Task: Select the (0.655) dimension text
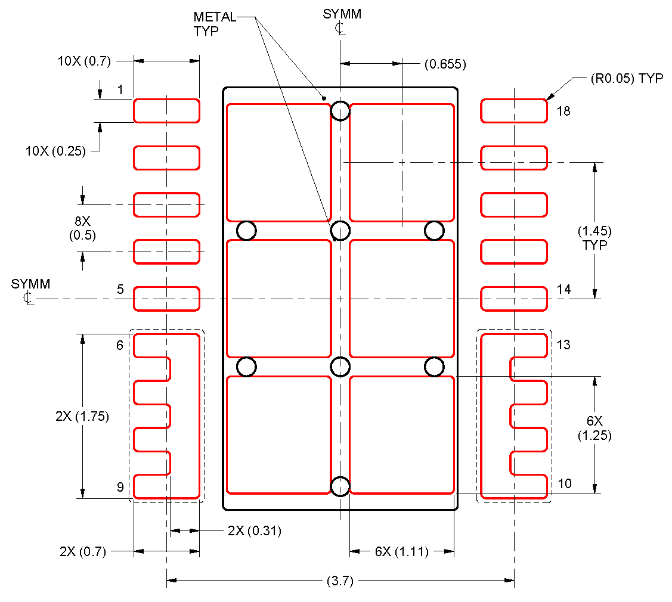[x=445, y=64]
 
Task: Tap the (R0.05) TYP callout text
[x=626, y=79]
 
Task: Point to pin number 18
[x=563, y=111]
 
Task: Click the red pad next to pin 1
[x=166, y=111]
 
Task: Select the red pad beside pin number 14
[x=513, y=299]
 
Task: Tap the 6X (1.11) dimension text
[x=401, y=552]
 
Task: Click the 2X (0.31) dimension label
[x=254, y=530]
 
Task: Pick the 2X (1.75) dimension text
[x=82, y=417]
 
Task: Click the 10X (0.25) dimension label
[x=55, y=151]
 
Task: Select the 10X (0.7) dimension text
[x=83, y=61]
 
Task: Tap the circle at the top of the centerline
[x=340, y=111]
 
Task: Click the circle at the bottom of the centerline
[x=340, y=486]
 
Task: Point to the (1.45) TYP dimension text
[x=594, y=238]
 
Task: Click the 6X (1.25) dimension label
[x=594, y=428]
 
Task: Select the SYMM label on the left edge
[x=30, y=290]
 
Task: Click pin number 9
[x=120, y=488]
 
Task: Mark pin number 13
[x=563, y=345]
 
